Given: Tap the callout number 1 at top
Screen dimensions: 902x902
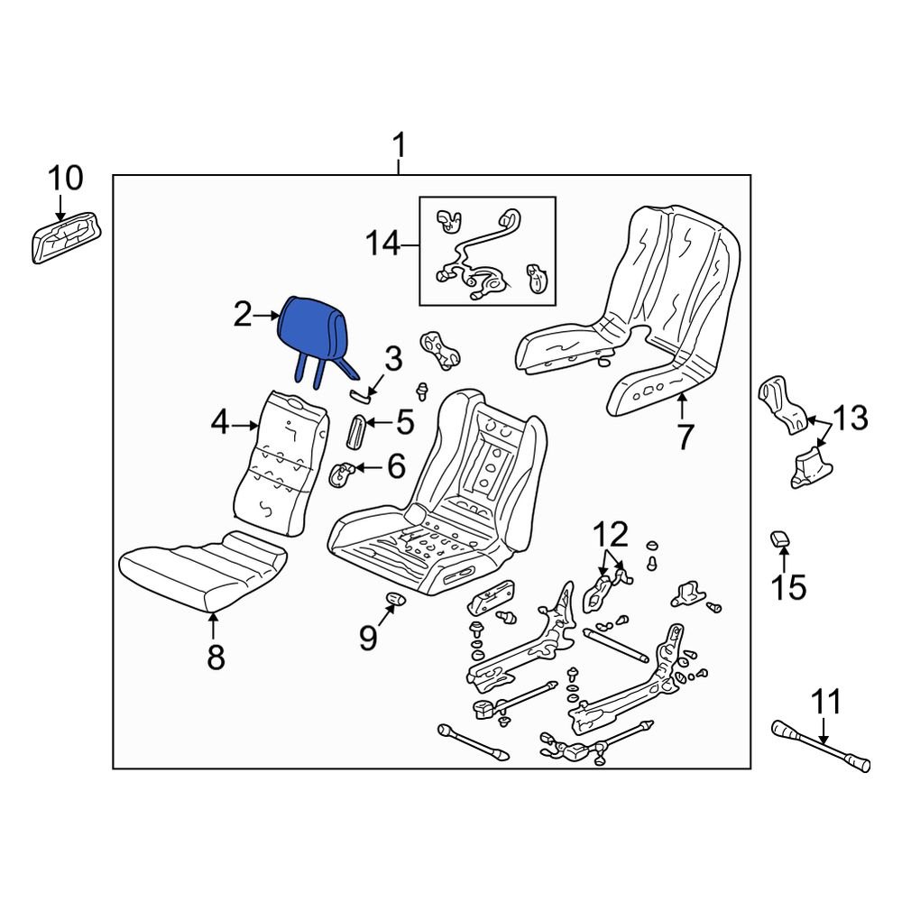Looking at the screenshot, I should [x=399, y=145].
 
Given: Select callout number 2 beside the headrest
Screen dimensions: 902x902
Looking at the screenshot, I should [x=243, y=315].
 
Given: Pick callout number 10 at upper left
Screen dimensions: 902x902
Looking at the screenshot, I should [x=64, y=179].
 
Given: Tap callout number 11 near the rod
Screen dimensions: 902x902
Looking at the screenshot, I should [x=824, y=701].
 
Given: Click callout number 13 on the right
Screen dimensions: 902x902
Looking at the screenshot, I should [x=849, y=419].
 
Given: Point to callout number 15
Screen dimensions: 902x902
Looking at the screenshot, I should [x=787, y=587].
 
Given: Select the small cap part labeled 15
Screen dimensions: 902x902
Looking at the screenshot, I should [x=779, y=539].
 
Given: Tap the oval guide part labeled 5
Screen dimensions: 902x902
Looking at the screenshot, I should [x=356, y=430].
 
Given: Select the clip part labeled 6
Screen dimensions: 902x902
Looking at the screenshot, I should [x=342, y=474].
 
